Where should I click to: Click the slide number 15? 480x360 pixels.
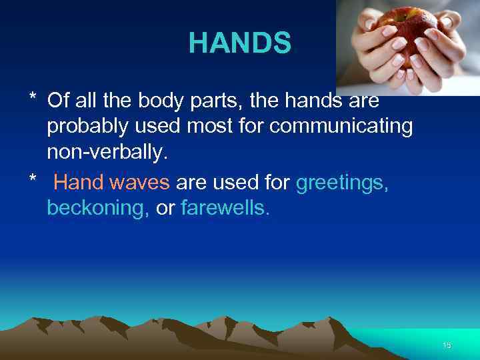(x=447, y=345)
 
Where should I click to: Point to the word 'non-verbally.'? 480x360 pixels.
(x=105, y=153)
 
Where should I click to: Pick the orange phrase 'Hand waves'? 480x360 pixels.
(x=111, y=183)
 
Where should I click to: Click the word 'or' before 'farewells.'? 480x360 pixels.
(x=165, y=208)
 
